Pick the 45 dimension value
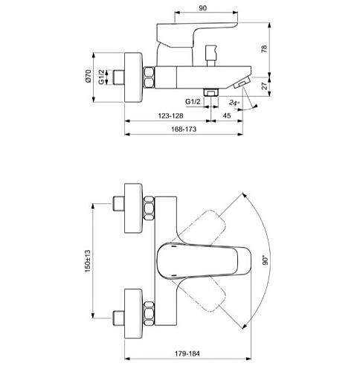pos(227,115)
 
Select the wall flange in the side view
pos(137,78)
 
